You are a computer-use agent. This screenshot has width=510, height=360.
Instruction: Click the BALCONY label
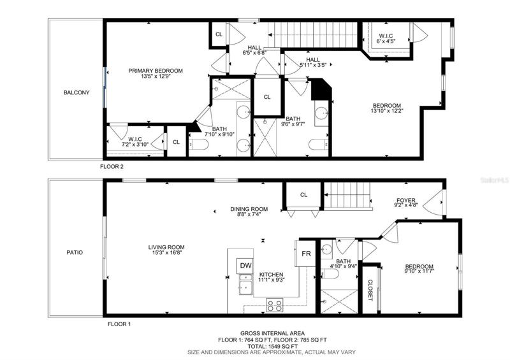click(x=76, y=92)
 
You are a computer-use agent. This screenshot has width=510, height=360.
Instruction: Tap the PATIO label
click(x=75, y=252)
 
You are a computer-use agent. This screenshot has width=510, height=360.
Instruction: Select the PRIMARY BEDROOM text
click(x=156, y=71)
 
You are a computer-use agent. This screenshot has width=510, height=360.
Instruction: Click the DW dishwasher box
click(x=245, y=265)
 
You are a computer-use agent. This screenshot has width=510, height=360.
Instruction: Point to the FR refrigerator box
click(x=306, y=254)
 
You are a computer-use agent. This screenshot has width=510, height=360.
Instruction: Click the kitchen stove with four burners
click(x=275, y=305)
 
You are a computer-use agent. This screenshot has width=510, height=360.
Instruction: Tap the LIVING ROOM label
click(x=166, y=247)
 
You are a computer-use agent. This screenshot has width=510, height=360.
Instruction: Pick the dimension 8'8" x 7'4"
click(x=249, y=214)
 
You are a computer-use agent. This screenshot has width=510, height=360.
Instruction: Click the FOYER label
click(x=406, y=200)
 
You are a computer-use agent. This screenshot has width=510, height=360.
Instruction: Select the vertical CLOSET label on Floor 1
click(x=370, y=290)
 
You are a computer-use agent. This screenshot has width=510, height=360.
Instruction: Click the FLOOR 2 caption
click(x=112, y=167)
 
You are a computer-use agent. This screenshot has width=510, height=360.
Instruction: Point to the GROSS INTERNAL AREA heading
click(x=273, y=333)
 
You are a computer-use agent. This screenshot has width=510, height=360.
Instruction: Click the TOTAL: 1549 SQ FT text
click(x=273, y=347)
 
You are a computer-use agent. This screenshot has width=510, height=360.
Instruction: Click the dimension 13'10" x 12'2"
click(x=387, y=111)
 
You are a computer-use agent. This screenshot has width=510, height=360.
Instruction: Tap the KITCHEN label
click(x=271, y=275)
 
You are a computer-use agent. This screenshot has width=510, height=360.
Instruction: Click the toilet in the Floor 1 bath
click(x=330, y=274)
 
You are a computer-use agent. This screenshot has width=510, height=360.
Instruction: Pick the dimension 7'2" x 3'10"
click(x=135, y=145)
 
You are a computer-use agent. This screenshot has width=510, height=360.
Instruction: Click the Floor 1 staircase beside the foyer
click(x=347, y=195)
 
